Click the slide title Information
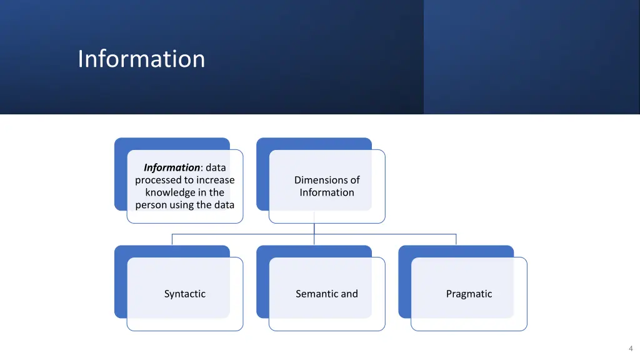(141, 59)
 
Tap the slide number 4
(631, 348)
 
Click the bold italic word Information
(171, 167)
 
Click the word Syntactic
(184, 294)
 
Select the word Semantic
(316, 294)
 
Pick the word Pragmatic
(469, 294)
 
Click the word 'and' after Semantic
(349, 294)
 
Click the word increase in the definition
(216, 180)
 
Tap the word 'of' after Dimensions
(354, 180)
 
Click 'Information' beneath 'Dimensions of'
(326, 192)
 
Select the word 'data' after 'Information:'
(216, 167)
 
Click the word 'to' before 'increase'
(188, 180)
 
